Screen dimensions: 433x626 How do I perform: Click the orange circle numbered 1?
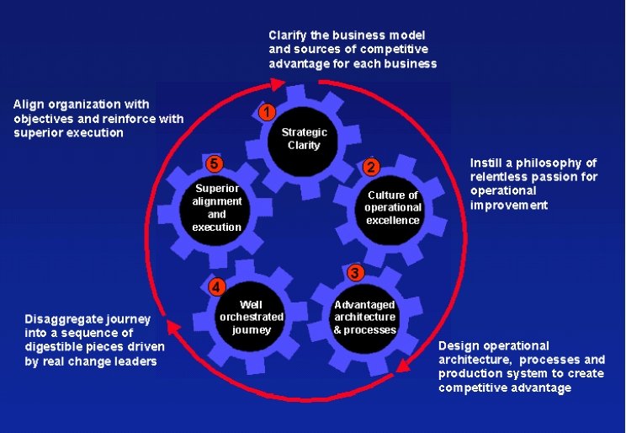pyautogui.click(x=268, y=111)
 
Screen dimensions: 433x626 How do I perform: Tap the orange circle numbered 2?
pyautogui.click(x=371, y=166)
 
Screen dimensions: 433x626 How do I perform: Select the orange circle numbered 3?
pyautogui.click(x=355, y=273)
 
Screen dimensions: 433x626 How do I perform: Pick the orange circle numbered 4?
pyautogui.click(x=217, y=287)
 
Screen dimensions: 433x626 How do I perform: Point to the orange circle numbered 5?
pyautogui.click(x=214, y=163)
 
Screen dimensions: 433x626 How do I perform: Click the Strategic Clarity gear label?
pyautogui.click(x=304, y=139)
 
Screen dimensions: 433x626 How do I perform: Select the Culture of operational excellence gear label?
pyautogui.click(x=392, y=207)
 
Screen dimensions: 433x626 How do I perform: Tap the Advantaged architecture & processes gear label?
pyautogui.click(x=364, y=317)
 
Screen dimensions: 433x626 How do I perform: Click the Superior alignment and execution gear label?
pyautogui.click(x=217, y=207)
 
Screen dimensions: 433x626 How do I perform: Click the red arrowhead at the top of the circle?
pyautogui.click(x=278, y=83)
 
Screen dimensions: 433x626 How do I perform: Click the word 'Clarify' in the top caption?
pyautogui.click(x=287, y=35)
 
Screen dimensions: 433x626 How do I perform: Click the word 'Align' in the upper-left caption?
pyautogui.click(x=28, y=104)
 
